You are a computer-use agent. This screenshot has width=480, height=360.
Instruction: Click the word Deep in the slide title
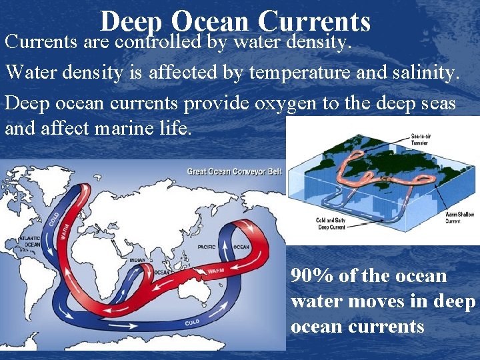tap(131, 23)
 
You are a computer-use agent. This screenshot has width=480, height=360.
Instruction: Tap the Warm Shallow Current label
tap(462, 217)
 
